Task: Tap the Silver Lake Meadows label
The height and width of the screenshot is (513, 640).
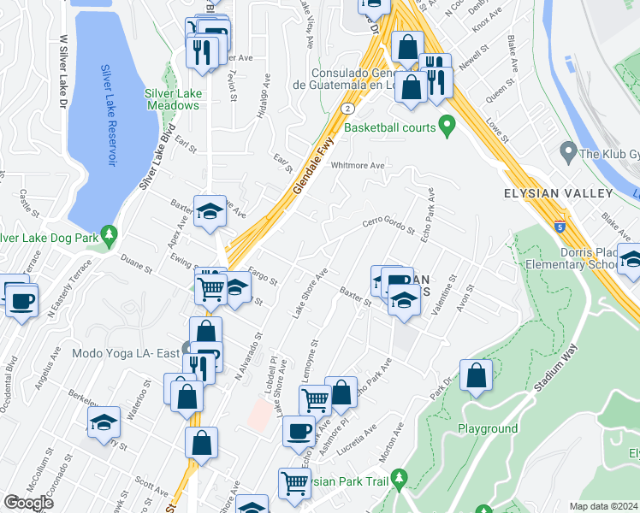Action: tap(171, 99)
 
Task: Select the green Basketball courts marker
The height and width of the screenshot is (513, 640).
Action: tap(446, 127)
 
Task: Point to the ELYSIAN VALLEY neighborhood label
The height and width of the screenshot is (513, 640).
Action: tap(559, 193)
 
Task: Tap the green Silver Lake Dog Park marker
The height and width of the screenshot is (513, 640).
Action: tap(108, 233)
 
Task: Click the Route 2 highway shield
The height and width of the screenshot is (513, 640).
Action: tap(347, 109)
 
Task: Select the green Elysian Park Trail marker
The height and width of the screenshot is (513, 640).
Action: tap(399, 481)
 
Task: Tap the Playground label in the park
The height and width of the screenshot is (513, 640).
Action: tap(488, 428)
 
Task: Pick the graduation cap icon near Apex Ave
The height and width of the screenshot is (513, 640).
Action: tap(210, 210)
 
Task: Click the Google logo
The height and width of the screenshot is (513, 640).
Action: tap(28, 503)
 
